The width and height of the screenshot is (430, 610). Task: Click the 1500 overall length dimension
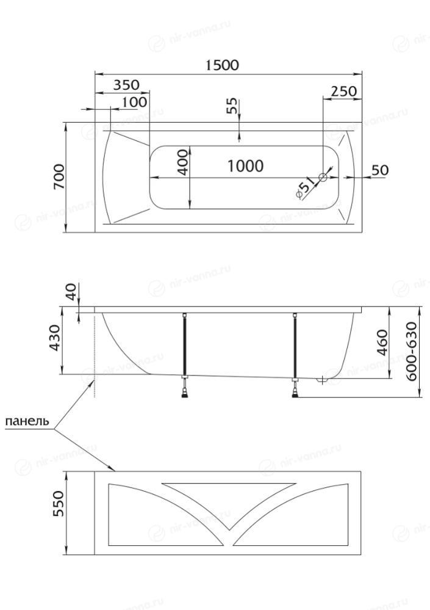[222, 65]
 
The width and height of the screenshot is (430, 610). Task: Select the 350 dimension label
[126, 85]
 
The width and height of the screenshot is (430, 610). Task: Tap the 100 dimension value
[134, 103]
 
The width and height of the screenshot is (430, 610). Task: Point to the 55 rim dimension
[231, 106]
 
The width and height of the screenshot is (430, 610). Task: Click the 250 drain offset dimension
[344, 91]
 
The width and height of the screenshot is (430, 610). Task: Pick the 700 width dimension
[59, 176]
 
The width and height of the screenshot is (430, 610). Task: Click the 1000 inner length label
[245, 166]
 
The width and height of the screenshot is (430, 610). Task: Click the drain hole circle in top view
[323, 178]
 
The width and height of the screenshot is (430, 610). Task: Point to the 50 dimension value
[380, 170]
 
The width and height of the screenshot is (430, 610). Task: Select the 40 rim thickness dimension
[72, 291]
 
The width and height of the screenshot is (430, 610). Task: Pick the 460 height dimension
[383, 343]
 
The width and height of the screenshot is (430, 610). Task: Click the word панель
[27, 421]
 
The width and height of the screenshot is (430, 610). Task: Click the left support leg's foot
[185, 394]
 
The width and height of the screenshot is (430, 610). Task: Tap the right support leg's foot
[296, 394]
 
